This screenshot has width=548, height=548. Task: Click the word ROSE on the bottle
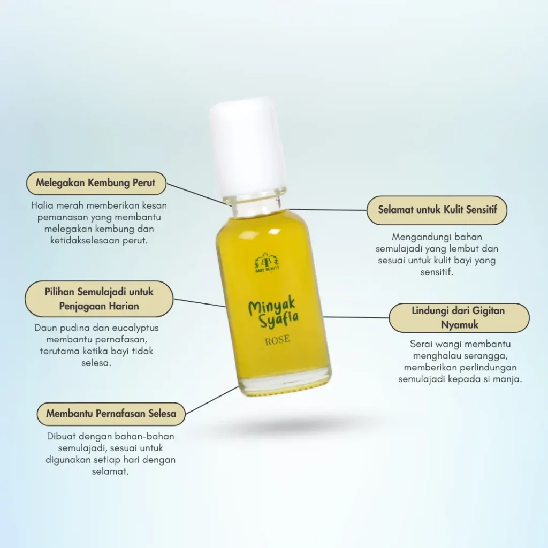277,340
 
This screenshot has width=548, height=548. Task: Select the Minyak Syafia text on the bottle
273,313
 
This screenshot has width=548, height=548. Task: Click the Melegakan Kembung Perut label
96,183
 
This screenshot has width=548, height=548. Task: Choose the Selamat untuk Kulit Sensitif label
437,210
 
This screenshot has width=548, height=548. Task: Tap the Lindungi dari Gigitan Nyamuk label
459,318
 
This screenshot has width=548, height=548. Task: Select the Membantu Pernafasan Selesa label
111,414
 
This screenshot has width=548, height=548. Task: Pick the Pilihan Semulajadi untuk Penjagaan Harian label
99,299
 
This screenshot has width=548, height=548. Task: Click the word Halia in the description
42,205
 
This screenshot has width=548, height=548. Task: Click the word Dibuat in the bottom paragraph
61,436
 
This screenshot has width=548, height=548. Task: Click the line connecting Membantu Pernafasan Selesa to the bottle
212,400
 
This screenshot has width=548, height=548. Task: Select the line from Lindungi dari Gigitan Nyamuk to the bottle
356,317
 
